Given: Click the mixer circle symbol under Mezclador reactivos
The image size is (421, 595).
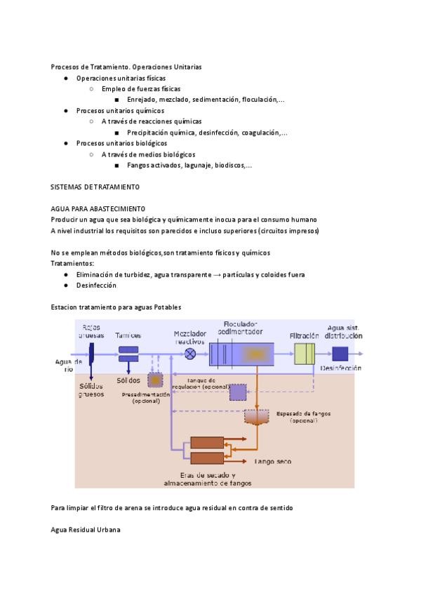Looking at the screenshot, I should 189,354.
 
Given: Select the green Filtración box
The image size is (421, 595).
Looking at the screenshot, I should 305,354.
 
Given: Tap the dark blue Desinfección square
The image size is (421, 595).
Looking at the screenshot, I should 340,354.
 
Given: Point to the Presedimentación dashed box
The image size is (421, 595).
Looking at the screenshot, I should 154,380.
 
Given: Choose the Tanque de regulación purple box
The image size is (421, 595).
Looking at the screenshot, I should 238,392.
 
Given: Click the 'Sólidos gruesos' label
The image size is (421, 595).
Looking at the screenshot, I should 91,389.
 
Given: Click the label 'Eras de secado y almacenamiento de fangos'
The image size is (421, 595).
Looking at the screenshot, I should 207,479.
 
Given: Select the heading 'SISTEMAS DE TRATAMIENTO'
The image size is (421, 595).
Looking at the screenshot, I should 95,187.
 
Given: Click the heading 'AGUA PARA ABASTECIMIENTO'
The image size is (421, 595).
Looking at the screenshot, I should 98,209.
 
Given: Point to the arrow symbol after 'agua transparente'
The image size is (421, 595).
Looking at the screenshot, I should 218,275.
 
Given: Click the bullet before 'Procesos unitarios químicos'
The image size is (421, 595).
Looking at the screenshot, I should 66,111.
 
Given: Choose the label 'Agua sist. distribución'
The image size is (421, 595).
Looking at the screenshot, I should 344,332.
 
